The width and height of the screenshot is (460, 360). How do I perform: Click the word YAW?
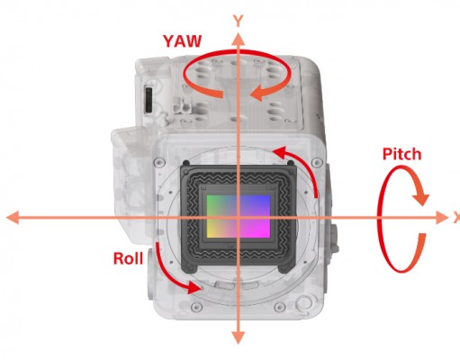tap(182, 41)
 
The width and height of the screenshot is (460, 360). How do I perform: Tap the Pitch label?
tap(401, 154)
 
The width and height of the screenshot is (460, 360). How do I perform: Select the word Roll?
tap(128, 258)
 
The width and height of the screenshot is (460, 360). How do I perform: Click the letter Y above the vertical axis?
tap(239, 22)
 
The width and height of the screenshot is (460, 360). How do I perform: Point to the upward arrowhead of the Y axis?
tap(239, 40)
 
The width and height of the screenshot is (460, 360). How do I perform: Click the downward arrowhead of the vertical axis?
tap(239, 337)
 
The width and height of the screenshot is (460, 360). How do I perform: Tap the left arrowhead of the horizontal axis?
tap(13, 218)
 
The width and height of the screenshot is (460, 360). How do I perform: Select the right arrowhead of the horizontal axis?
tap(441, 218)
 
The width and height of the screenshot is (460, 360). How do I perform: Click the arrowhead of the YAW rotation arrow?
tap(261, 92)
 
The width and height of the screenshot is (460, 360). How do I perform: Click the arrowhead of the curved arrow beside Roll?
tap(194, 288)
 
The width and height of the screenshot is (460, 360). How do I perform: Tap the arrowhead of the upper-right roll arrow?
tap(280, 153)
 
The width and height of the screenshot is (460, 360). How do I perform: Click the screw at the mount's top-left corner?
tap(159, 163)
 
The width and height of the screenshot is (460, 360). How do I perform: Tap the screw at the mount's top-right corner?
tap(317, 163)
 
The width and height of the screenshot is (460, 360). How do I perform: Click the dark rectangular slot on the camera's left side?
tap(149, 100)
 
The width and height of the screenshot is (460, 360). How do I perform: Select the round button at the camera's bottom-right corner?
tap(303, 302)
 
